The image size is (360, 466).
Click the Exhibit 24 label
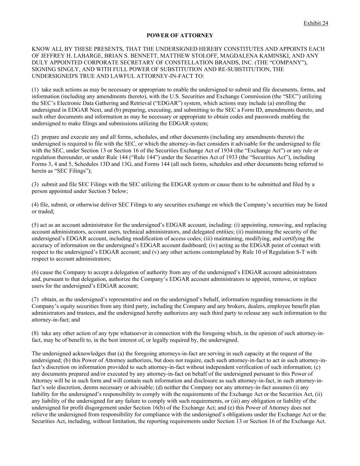click(316, 23)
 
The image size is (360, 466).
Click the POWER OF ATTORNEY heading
click(180, 36)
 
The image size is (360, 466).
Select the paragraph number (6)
click(35, 272)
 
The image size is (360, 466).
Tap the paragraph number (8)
click(35, 333)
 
